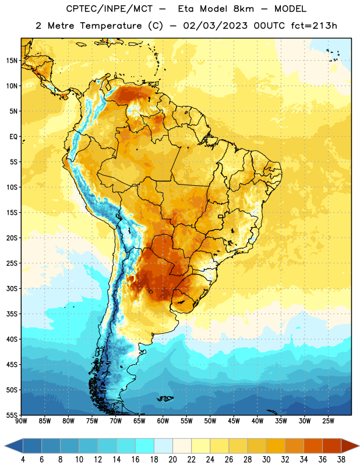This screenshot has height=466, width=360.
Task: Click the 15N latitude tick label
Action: [x=12, y=61]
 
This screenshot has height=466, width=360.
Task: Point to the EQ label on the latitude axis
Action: [x=13, y=137]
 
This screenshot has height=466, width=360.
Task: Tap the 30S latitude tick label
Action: [x=12, y=288]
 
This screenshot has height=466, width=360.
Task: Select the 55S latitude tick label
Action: [x=12, y=415]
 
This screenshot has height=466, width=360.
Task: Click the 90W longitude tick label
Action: [x=21, y=421]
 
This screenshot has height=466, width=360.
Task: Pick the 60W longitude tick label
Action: [x=163, y=421]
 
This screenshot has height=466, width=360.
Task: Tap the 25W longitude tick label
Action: [x=328, y=421]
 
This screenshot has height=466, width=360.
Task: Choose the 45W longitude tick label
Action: [x=234, y=421]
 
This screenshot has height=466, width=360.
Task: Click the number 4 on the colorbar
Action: [x=23, y=460]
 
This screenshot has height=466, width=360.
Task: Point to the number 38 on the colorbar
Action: [x=341, y=460]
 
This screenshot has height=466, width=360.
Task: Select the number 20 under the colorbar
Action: [x=172, y=460]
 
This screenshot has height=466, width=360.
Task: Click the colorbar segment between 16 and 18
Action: [x=145, y=446]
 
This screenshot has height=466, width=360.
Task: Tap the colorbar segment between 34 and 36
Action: [x=313, y=446]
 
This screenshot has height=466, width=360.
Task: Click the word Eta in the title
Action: [x=186, y=9]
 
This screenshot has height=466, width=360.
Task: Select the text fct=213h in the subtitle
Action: [x=314, y=26]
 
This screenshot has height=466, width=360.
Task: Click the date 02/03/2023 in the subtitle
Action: [x=215, y=26]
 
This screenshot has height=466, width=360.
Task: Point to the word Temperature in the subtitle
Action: [x=111, y=26]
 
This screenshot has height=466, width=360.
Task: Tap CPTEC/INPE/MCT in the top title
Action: [x=110, y=9]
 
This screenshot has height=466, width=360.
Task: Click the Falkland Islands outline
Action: [x=165, y=398]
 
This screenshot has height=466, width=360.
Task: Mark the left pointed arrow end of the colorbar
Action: [x=5, y=446]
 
